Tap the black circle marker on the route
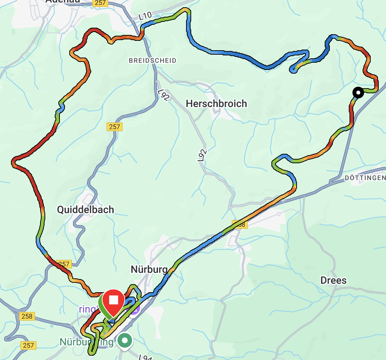pos(358,93)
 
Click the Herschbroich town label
pos(216,104)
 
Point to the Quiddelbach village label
pos(85,210)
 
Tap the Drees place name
pos(333,281)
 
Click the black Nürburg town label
pos(149,270)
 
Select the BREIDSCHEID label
pos(152,60)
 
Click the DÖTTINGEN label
pos(365,178)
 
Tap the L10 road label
pos(145,16)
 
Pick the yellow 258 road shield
pos(27,316)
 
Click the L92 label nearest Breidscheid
pos(164,95)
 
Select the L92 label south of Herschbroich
pos(201,155)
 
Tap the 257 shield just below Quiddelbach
pos(64,264)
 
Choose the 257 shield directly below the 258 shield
pos(28,345)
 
